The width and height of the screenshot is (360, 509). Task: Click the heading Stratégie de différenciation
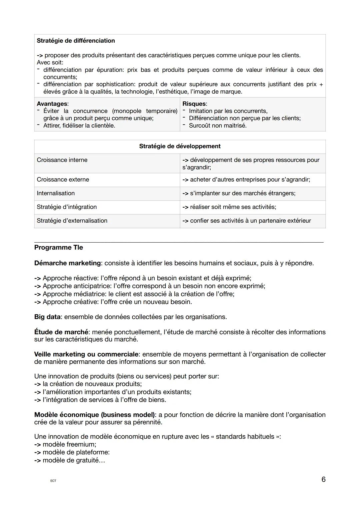76,41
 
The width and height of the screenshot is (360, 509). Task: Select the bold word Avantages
52,104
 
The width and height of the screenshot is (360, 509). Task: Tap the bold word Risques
194,104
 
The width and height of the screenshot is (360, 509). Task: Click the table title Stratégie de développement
180,146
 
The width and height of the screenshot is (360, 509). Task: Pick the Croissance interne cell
62,160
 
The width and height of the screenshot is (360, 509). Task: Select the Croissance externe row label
63,179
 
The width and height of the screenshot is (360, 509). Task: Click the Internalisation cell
56,193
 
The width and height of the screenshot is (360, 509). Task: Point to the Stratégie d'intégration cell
67,207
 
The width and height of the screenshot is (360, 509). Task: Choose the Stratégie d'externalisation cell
72,220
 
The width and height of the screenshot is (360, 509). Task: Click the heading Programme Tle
59,247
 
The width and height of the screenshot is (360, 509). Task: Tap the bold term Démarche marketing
67,263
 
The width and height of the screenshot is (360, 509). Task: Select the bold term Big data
47,317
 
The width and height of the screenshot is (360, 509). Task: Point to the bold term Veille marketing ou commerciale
86,354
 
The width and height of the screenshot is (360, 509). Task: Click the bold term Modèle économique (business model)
95,415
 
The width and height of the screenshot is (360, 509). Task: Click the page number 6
323,479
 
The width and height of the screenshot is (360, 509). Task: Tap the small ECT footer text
53,481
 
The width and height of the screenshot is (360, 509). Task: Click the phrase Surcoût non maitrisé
218,126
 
